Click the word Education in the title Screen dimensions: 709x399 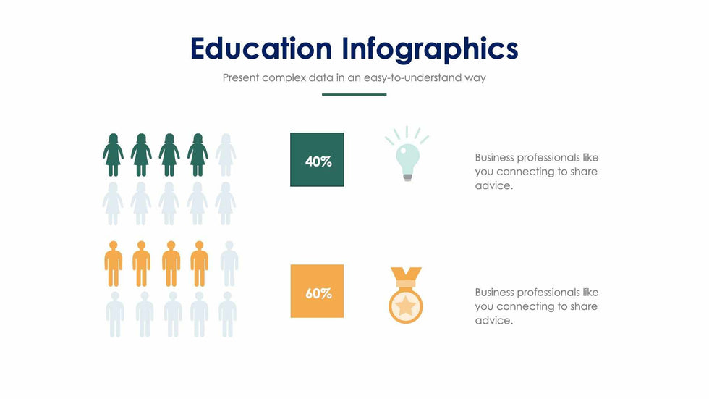[261, 49]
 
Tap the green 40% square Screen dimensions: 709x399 [317, 159]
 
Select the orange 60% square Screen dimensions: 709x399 [317, 291]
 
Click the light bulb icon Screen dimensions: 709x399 [407, 154]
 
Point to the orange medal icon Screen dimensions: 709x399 [406, 295]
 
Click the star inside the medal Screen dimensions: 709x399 [406, 306]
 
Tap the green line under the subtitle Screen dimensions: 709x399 [354, 95]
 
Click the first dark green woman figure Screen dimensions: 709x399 [113, 155]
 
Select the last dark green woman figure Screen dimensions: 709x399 [198, 155]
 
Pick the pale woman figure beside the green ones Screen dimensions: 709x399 [226, 155]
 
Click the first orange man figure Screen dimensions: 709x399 [113, 264]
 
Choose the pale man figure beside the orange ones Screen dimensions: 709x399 [229, 264]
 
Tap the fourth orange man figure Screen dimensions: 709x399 [199, 264]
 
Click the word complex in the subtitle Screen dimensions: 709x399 [284, 77]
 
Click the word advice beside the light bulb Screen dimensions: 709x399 [493, 185]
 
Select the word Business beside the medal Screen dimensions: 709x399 [494, 293]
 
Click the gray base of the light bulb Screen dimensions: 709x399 [407, 177]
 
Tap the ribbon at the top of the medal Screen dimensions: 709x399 [406, 275]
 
